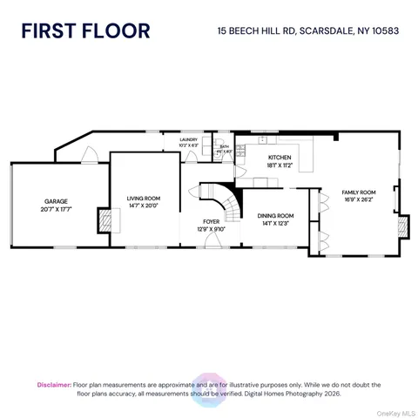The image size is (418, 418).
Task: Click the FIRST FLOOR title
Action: (85, 31)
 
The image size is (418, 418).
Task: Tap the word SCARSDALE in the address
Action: (327, 31)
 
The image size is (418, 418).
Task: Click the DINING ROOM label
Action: (275, 215)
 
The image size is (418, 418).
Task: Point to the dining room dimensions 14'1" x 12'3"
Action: (275, 223)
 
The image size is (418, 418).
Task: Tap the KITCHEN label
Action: (280, 157)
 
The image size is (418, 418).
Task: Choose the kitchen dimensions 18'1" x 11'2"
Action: (280, 165)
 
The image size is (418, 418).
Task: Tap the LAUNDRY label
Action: (188, 139)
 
